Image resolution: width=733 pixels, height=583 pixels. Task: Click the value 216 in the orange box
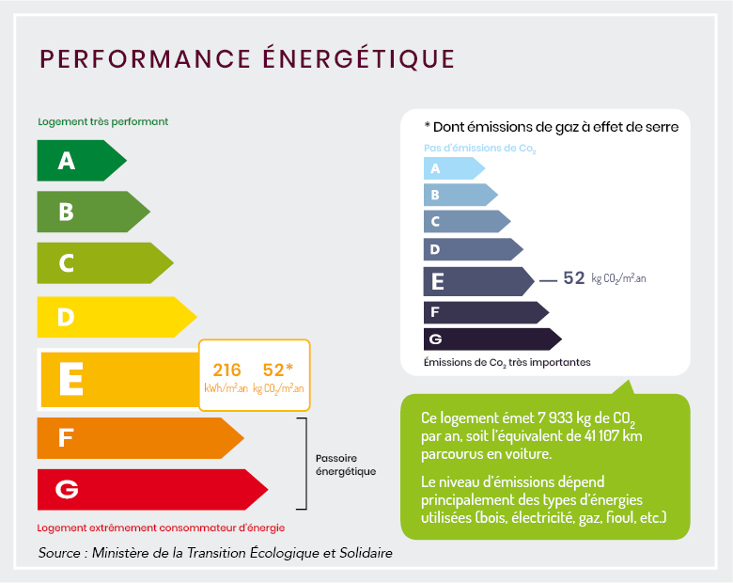[x=227, y=370]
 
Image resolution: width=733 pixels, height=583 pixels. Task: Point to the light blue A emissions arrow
[x=452, y=169]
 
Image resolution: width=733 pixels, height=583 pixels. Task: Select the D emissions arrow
[x=471, y=249]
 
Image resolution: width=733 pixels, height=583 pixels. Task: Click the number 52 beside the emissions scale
[x=573, y=278]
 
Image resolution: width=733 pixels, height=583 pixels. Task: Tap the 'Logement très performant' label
[x=102, y=122]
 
